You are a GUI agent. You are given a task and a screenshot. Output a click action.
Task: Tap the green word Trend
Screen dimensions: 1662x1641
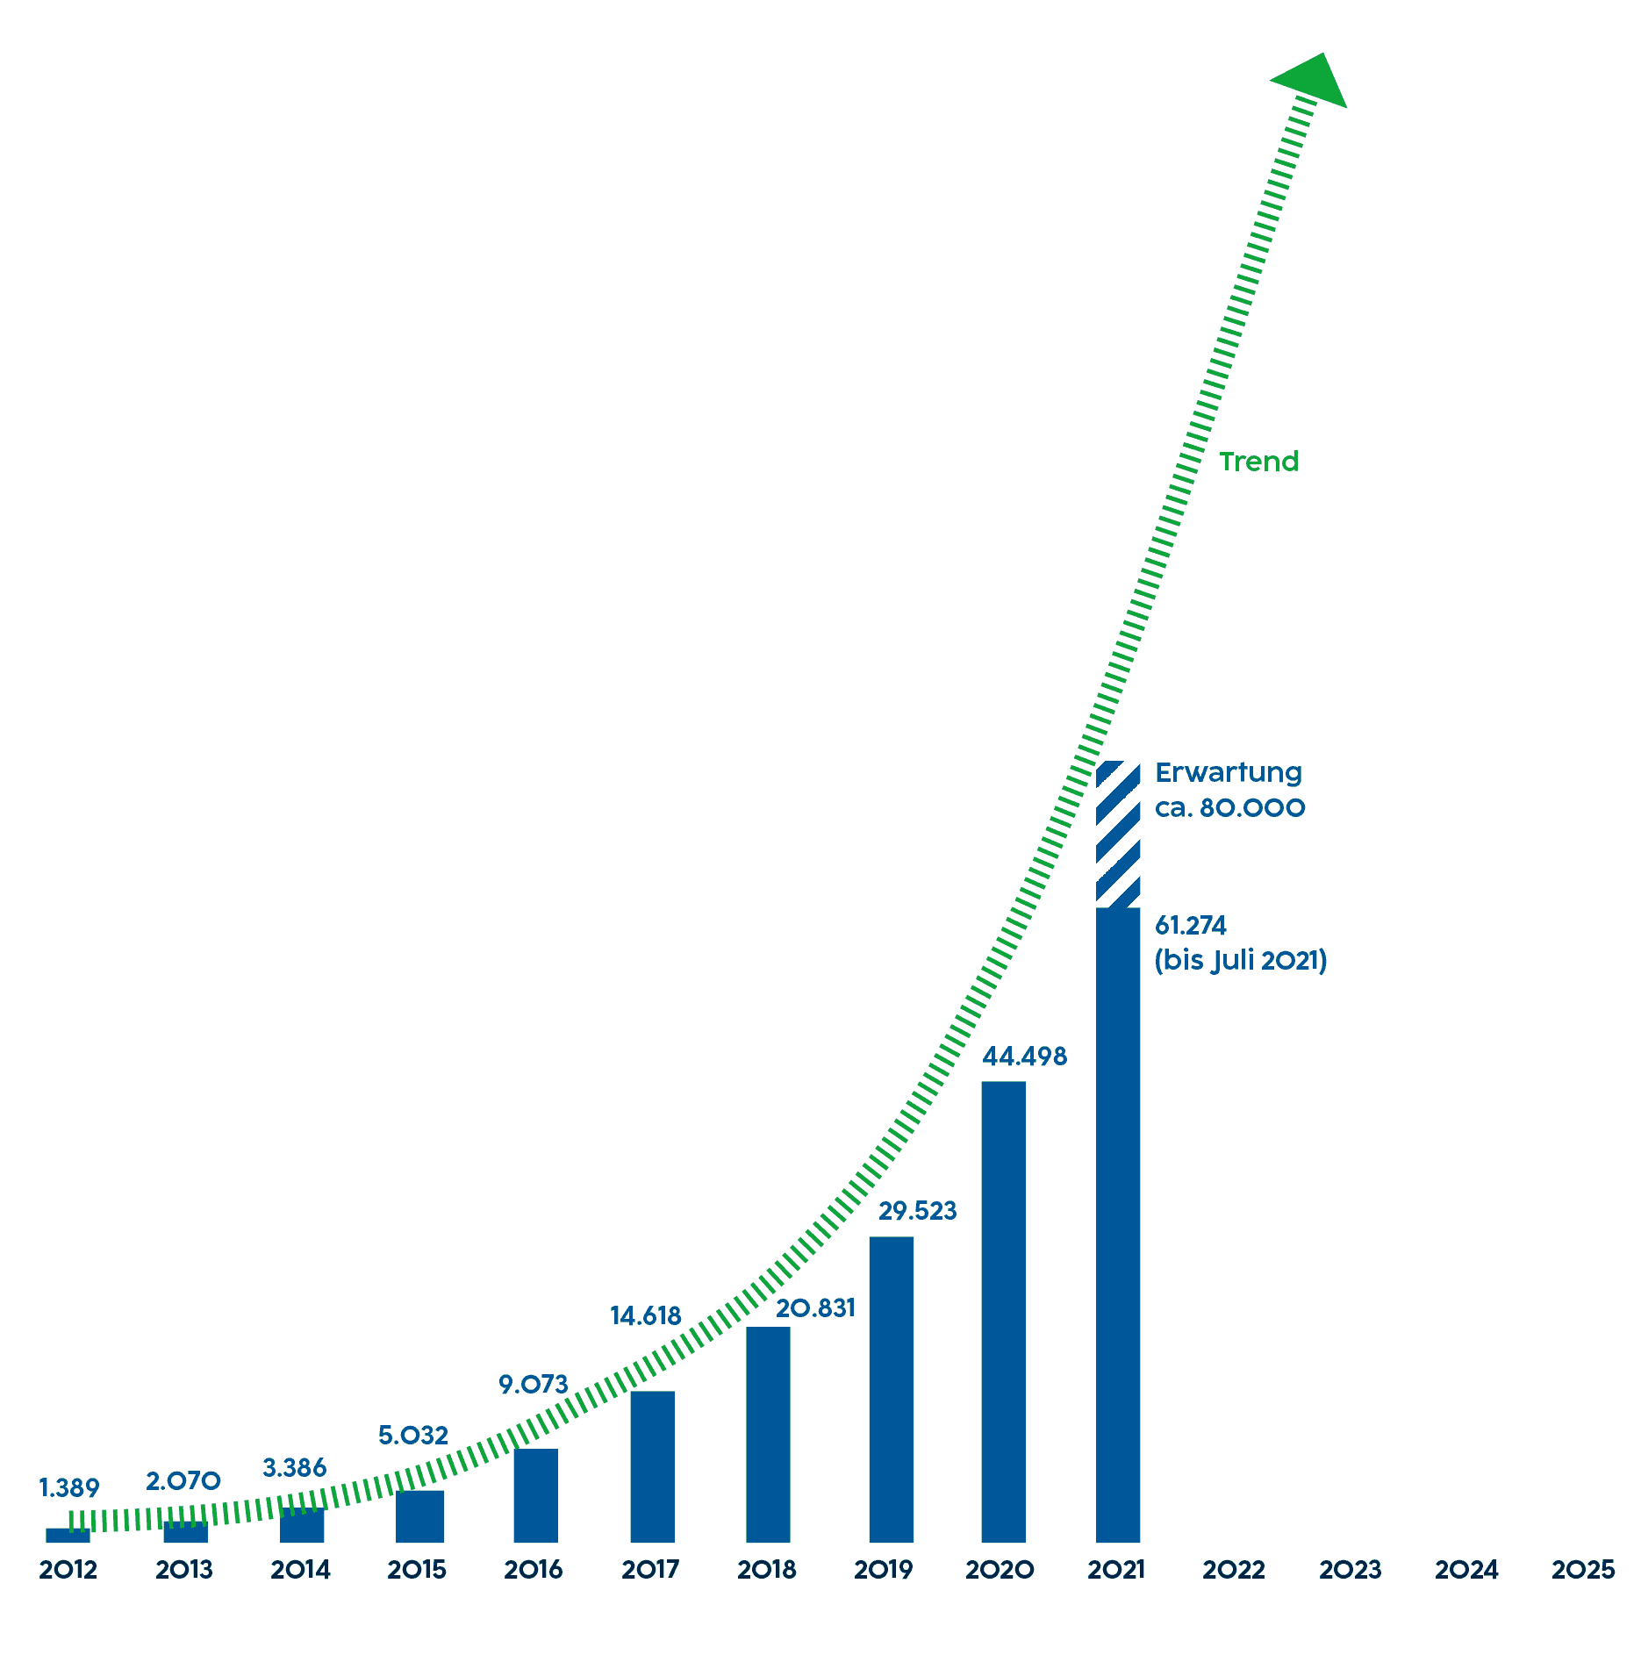tap(1258, 462)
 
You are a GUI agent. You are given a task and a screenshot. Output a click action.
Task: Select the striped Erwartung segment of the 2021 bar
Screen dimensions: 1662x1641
tap(1118, 835)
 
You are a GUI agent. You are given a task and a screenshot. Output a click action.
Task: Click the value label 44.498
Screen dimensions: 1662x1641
tap(1024, 1057)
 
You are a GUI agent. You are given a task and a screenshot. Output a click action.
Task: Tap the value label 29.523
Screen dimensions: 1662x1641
tap(917, 1211)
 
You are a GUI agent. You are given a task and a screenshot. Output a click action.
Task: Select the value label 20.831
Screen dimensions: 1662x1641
tap(815, 1308)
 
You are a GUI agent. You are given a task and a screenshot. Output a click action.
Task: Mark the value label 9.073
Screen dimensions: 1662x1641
tap(534, 1385)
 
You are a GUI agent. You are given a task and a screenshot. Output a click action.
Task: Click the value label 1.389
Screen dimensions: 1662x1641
tap(69, 1488)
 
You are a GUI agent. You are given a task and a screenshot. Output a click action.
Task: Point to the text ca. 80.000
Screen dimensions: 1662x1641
tap(1229, 808)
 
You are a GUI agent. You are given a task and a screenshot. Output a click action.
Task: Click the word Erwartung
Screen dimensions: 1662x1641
tap(1229, 773)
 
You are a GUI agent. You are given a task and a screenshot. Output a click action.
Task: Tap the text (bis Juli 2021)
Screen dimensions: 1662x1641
tap(1240, 961)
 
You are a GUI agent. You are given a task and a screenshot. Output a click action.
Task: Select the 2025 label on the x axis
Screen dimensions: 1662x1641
tap(1583, 1570)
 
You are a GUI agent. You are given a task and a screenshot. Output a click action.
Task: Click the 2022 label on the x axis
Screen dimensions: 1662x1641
tap(1234, 1570)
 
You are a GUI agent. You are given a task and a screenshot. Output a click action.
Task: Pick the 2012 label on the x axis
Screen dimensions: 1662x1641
tap(68, 1570)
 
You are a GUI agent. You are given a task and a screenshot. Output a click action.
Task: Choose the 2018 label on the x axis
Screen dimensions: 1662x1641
tap(767, 1570)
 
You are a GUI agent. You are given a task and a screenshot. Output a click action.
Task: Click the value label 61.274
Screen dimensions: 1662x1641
tap(1190, 926)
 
